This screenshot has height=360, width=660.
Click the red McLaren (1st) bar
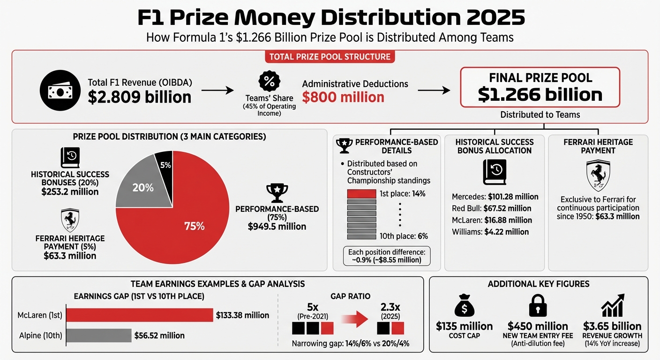pyautogui.click(x=139, y=315)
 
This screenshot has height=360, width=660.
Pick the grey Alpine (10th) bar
pyautogui.click(x=98, y=335)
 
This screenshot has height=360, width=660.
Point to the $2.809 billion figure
pyautogui.click(x=139, y=97)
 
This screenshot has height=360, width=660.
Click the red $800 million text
pyautogui.click(x=343, y=97)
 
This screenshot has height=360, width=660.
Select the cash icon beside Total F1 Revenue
pyautogui.click(x=58, y=91)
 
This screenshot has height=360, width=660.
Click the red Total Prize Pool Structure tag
pyautogui.click(x=330, y=57)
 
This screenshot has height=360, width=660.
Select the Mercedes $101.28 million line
pyautogui.click(x=495, y=197)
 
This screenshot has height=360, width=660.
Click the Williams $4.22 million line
pyautogui.click(x=490, y=232)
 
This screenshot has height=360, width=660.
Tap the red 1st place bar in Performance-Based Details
pyautogui.click(x=361, y=194)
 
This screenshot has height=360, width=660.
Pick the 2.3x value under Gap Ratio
pyautogui.click(x=391, y=307)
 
